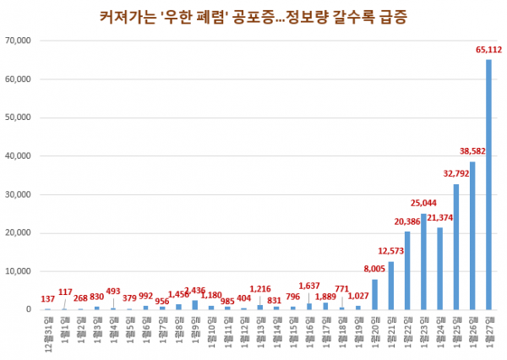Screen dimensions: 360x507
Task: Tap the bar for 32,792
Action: coord(456,246)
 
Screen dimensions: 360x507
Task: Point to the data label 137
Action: coord(47,299)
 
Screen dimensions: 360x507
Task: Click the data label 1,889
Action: coord(325,295)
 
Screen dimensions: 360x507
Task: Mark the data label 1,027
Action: coord(358,295)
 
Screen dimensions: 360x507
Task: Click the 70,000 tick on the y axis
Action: coord(18,41)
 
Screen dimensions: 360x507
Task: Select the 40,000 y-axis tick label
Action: coord(18,155)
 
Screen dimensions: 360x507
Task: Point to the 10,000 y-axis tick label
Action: coord(18,270)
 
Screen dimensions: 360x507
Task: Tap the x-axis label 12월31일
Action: coord(47,330)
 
